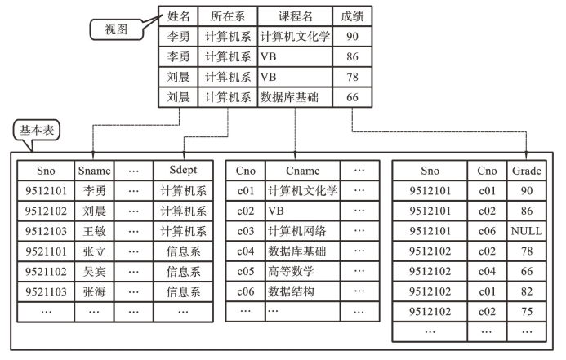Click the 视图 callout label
116,29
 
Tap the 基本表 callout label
37,130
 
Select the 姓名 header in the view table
178,16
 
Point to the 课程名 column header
296,16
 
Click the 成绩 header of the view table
352,16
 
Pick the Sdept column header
183,170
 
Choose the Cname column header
302,171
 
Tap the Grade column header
526,171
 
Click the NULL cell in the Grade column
526,231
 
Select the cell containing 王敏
94,231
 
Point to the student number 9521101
46,251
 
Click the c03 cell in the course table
246,231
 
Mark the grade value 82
526,291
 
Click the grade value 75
526,312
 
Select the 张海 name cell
94,291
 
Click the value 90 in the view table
352,36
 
